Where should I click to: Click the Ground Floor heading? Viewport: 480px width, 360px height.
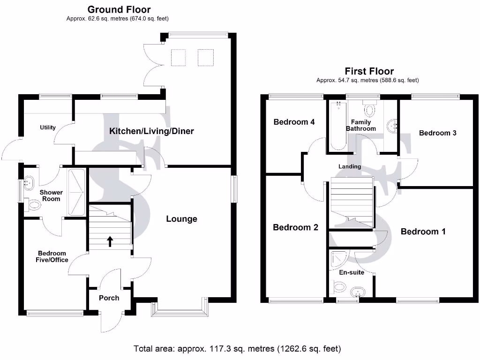119,9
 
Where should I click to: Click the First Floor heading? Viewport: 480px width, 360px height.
369,71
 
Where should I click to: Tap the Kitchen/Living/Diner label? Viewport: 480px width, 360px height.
151,131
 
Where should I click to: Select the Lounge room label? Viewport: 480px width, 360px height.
181,219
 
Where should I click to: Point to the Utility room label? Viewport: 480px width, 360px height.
48,127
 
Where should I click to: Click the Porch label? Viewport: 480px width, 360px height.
109,298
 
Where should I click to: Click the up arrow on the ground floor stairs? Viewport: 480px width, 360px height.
110,241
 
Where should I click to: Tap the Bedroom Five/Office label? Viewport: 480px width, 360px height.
53,257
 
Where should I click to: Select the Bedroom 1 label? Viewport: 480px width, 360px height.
423,232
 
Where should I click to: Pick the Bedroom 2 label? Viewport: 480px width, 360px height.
295,227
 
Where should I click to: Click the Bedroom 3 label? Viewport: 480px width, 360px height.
437,133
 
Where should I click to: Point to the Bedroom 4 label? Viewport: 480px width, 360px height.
294,122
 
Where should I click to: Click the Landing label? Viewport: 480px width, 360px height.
350,166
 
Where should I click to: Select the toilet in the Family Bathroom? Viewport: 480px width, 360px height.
370,109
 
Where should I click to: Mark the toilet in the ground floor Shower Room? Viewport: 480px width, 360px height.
34,204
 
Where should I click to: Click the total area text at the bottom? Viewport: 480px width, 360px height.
237,349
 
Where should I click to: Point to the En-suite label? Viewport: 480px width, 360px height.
352,272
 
